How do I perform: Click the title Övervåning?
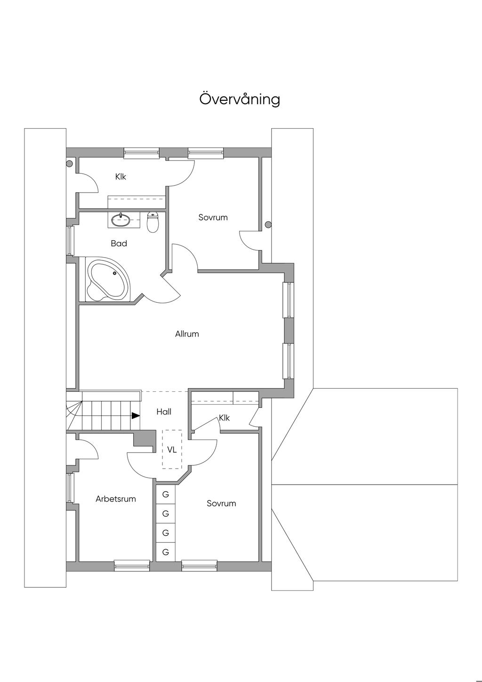pyautogui.click(x=240, y=99)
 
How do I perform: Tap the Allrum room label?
pyautogui.click(x=187, y=334)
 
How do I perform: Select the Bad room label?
pyautogui.click(x=119, y=244)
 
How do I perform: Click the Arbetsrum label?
pyautogui.click(x=116, y=499)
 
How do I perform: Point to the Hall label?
pyautogui.click(x=164, y=412)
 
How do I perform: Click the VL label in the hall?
pyautogui.click(x=172, y=450)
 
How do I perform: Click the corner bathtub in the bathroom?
pyautogui.click(x=108, y=280)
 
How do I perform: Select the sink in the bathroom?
pyautogui.click(x=121, y=219)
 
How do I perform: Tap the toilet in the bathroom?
pyautogui.click(x=153, y=222)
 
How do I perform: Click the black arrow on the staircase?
pyautogui.click(x=136, y=415)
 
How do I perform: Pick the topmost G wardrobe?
pyautogui.click(x=166, y=495)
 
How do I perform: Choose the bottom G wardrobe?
pyautogui.click(x=166, y=552)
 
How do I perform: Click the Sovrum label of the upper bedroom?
pyautogui.click(x=213, y=217)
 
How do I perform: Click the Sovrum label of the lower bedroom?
pyautogui.click(x=221, y=503)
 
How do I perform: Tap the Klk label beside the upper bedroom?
pyautogui.click(x=121, y=177)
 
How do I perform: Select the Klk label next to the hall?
pyautogui.click(x=225, y=418)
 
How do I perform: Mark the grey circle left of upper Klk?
pyautogui.click(x=69, y=164)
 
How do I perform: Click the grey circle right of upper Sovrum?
pyautogui.click(x=268, y=225)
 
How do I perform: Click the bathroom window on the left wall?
pyautogui.click(x=71, y=241)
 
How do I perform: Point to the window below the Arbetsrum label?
pyautogui.click(x=132, y=566)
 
